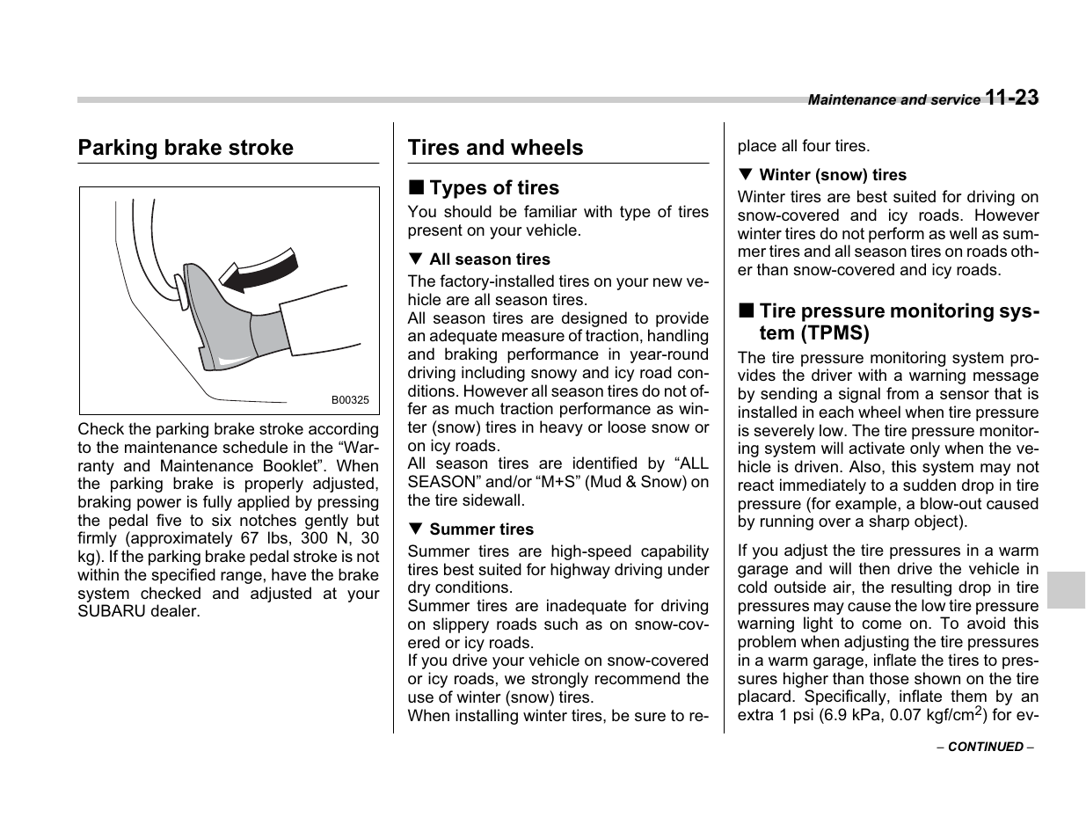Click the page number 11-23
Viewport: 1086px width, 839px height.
click(x=1011, y=98)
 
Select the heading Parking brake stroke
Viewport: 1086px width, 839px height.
click(x=186, y=148)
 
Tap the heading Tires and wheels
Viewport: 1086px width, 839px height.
click(x=495, y=148)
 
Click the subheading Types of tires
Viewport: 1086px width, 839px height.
click(x=493, y=188)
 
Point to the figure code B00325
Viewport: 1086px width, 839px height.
click(x=350, y=400)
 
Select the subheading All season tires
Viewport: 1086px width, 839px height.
click(x=489, y=259)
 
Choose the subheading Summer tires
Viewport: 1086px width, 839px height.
click(x=481, y=529)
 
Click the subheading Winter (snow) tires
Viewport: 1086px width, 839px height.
click(x=832, y=175)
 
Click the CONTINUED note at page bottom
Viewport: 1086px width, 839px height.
click(x=985, y=747)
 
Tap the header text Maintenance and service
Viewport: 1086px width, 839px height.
click(x=893, y=100)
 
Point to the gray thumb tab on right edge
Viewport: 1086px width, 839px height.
click(x=1066, y=590)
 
